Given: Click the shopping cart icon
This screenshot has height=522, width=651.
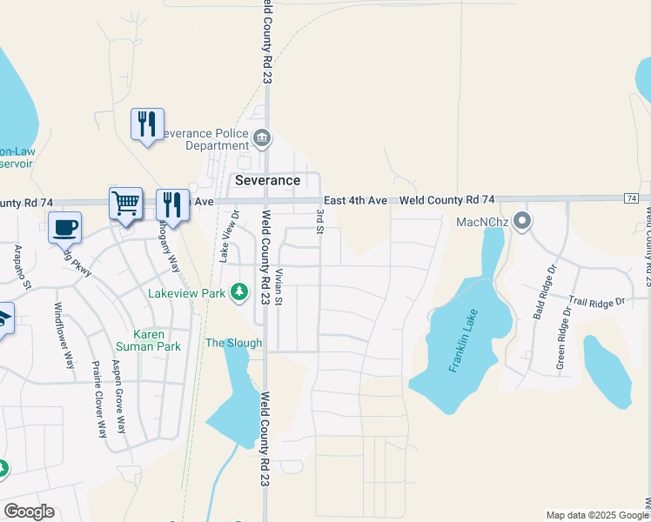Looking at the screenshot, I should coord(125,203).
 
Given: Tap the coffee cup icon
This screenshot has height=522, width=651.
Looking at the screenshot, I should coord(64,227).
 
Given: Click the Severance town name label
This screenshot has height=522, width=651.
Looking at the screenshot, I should coord(268,180).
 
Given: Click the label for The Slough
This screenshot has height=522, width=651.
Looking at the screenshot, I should coord(233,343).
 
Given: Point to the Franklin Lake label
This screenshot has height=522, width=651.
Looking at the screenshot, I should coord(466,346).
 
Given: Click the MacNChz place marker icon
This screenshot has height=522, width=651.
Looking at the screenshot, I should coord(522,221).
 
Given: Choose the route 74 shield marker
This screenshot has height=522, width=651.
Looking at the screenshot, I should coord(632,199).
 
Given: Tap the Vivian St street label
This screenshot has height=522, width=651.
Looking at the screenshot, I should coord(279,287).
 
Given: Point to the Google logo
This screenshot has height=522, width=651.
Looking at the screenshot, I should coord(29,512).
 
